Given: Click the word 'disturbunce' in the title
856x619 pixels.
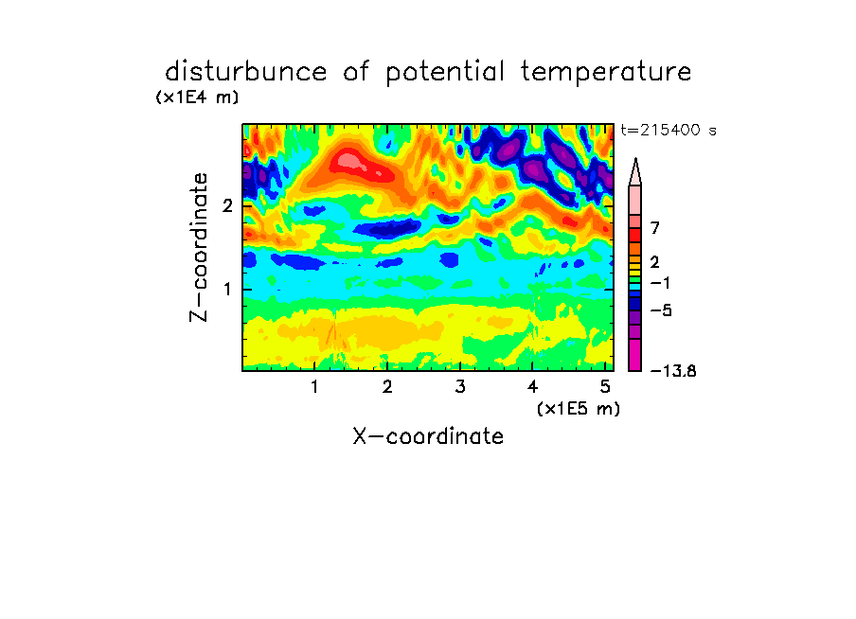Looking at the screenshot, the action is [x=246, y=72].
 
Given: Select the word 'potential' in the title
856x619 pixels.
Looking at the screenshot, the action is [x=445, y=73].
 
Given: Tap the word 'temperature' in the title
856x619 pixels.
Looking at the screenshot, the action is [x=606, y=73].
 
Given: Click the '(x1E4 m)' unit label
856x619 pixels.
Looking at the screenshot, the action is [x=197, y=97].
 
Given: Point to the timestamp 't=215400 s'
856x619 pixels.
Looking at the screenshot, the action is [x=669, y=130].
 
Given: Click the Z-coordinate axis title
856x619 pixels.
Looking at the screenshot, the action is [x=199, y=247].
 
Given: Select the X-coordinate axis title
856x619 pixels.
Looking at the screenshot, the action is [x=428, y=436].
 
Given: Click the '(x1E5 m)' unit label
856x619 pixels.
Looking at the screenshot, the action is [x=579, y=409].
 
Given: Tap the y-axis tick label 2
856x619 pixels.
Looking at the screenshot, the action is [x=227, y=205].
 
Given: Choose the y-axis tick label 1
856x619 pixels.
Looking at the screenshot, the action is [x=227, y=289].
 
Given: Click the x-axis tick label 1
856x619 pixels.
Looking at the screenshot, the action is [x=314, y=387].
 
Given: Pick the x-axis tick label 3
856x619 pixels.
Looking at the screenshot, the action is [x=460, y=387].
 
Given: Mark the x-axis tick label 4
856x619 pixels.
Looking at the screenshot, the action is [x=533, y=387].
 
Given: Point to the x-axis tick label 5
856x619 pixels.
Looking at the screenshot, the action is [x=605, y=387].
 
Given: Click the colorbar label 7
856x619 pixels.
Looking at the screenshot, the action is [x=655, y=228].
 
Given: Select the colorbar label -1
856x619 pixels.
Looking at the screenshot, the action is [x=660, y=283].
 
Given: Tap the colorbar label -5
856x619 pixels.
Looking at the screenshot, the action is [x=661, y=310].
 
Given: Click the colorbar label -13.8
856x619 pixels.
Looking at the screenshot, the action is [x=673, y=371].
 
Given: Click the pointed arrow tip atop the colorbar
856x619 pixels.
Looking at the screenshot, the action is [x=635, y=159].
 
